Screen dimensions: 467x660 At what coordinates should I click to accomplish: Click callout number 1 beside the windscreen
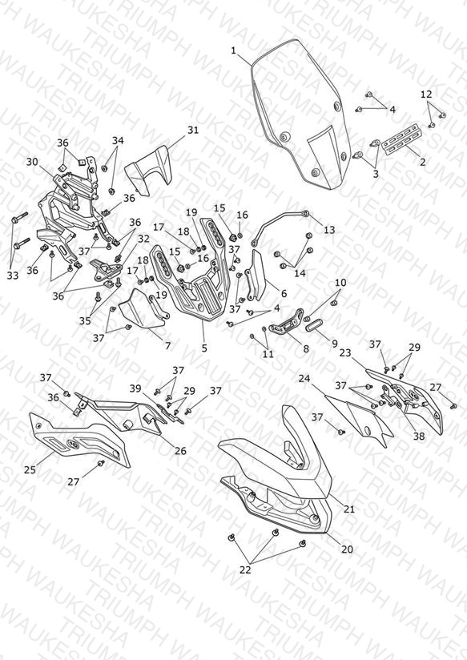coord(234,51)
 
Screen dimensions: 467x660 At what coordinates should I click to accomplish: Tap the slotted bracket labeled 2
coord(402,139)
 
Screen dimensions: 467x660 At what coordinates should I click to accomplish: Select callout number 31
coord(193,130)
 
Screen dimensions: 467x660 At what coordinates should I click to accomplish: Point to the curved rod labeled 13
coord(278,224)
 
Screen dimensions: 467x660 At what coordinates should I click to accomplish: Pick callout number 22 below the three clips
coord(245,569)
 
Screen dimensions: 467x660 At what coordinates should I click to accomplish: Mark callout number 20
coord(347,549)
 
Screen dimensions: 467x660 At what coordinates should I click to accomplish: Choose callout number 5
coord(204,348)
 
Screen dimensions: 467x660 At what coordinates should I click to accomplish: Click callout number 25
coord(30,469)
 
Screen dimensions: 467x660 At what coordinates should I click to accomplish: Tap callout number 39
coord(135,388)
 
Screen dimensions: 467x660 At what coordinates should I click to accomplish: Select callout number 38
coord(419,436)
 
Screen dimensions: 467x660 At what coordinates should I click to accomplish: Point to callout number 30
coord(32,162)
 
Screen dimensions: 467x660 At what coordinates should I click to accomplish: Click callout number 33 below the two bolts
coord(13,276)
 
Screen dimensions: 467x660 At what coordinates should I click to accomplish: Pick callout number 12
coord(426,94)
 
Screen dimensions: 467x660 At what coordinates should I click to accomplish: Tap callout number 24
coord(304,378)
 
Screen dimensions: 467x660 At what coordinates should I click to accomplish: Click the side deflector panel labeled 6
coord(256,276)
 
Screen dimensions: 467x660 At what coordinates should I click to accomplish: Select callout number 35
coord(85,320)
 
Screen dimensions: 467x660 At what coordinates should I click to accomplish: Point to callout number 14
coord(300,273)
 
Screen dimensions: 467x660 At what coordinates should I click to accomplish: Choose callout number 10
coord(340,283)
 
